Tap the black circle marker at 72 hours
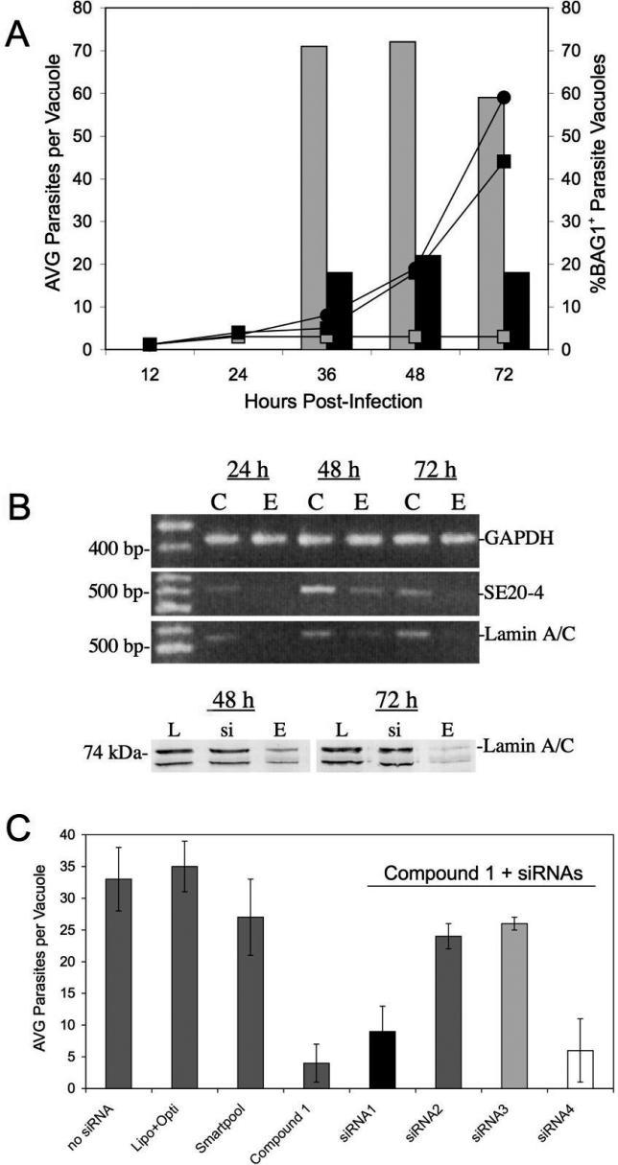click(x=504, y=98)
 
